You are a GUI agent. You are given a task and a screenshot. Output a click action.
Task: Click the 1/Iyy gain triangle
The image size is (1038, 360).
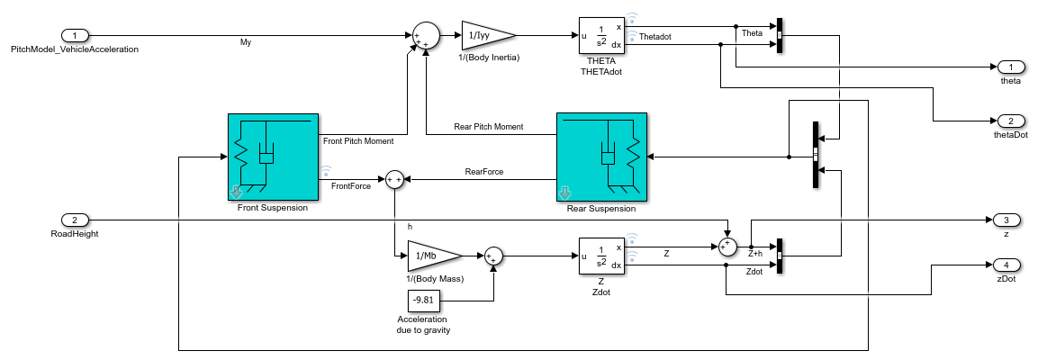coord(484,36)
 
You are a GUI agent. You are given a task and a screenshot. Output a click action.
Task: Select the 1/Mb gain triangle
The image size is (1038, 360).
coord(431,256)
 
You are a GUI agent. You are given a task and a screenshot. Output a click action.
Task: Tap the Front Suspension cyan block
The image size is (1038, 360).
coord(273,157)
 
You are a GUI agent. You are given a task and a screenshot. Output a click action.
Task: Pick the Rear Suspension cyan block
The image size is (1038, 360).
coord(601,157)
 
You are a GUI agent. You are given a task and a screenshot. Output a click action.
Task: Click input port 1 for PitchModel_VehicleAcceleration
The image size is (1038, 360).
coord(75,36)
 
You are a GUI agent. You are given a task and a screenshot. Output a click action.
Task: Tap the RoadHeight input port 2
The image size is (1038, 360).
coord(75,220)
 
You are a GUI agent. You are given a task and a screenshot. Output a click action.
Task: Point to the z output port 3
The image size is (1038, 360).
coord(1006,220)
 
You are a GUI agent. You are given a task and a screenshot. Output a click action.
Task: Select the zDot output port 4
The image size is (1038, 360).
coord(1006,265)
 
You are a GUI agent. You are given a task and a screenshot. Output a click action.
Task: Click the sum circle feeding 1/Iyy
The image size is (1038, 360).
coord(424,37)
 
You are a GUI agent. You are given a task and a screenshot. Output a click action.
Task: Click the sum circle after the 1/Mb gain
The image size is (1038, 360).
coord(494,256)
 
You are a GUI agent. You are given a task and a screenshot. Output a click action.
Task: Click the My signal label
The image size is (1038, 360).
coord(246,42)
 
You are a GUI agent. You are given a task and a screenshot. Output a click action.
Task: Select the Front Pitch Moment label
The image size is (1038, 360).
coord(357,140)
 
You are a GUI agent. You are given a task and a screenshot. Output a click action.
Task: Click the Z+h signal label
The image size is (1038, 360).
coord(756,254)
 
